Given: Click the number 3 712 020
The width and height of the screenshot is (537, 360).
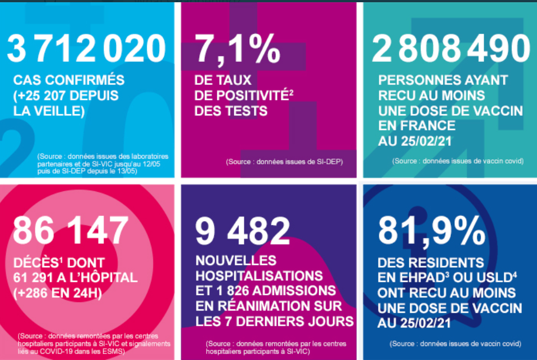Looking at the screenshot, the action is (x=86, y=48).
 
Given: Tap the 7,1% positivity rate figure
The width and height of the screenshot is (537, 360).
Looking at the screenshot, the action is (x=237, y=48).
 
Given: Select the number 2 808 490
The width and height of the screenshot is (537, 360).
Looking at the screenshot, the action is (x=451, y=48).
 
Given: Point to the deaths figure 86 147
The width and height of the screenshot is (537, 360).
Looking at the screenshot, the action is (x=70, y=230).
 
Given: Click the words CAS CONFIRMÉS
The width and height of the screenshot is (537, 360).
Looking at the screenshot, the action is (x=69, y=80).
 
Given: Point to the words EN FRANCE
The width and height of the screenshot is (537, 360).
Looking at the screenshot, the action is (x=417, y=125).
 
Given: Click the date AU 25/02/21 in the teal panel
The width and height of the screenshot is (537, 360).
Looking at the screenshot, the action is (x=415, y=141).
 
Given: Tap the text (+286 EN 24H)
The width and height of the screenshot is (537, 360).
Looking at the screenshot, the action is (x=57, y=293).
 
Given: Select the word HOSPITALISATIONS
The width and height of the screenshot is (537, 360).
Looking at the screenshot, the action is (x=259, y=276).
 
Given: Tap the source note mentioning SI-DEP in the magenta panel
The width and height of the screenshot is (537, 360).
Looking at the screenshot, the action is (x=284, y=161).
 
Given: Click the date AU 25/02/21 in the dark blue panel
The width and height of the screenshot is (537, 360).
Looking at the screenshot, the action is (x=414, y=323).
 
